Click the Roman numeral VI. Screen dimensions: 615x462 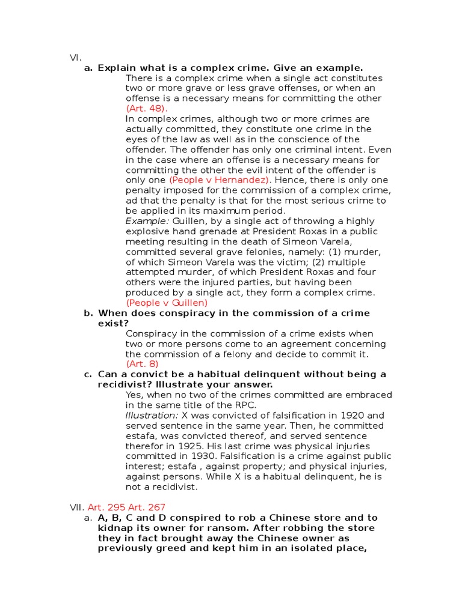[75, 58]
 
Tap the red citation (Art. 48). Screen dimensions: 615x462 [146, 109]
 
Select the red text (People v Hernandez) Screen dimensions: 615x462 [220, 180]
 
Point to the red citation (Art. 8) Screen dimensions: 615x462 [142, 364]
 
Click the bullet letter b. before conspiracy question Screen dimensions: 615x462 [88, 313]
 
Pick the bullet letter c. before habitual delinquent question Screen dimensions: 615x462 [88, 374]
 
